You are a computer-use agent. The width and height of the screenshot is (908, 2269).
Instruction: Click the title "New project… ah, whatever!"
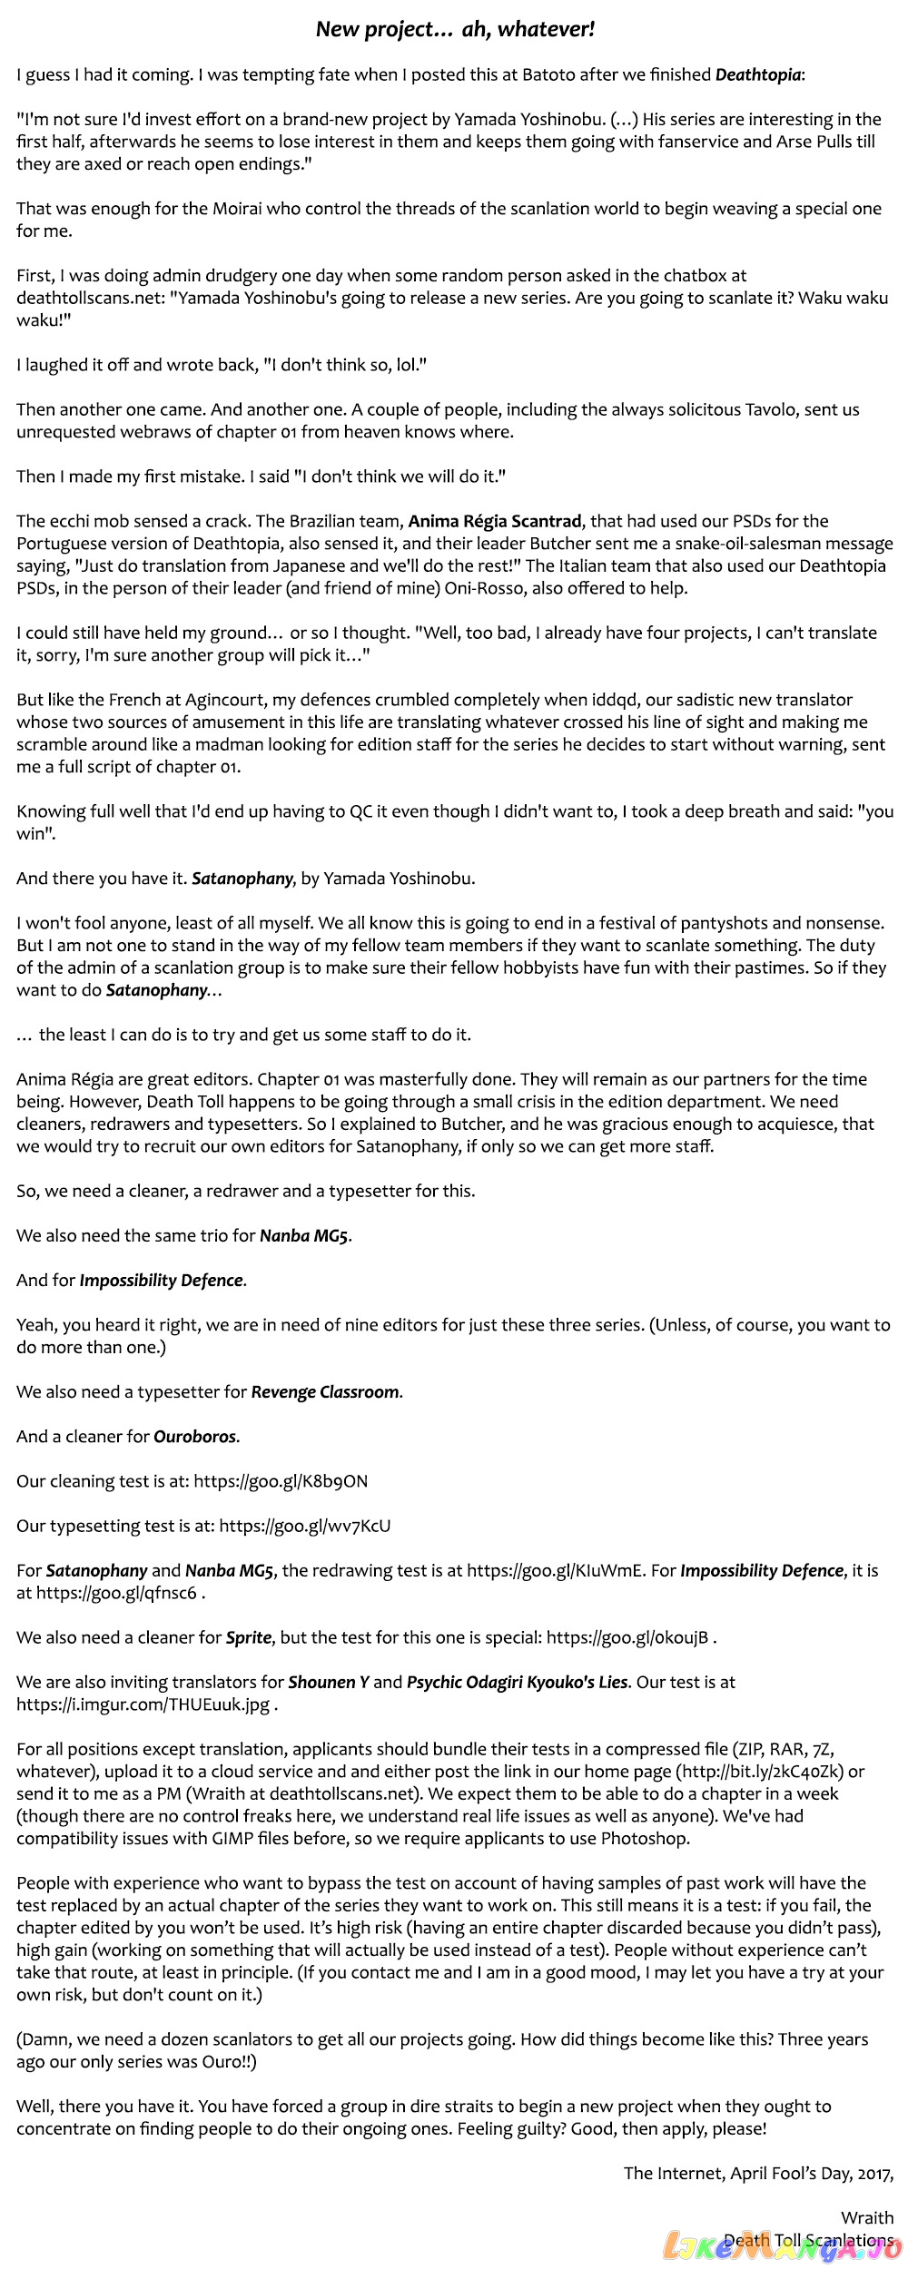[x=455, y=29]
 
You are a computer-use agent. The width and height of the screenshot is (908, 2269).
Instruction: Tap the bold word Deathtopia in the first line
[x=758, y=74]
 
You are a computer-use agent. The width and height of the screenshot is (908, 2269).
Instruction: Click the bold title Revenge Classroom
[x=325, y=1392]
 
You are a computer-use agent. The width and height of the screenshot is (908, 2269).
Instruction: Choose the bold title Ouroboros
[x=195, y=1437]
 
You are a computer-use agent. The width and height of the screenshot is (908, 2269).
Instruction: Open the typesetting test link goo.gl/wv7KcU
[x=305, y=1526]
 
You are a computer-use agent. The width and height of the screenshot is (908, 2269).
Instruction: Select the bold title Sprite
[x=249, y=1637]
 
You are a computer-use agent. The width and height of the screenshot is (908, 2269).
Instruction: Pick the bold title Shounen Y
[x=328, y=1682]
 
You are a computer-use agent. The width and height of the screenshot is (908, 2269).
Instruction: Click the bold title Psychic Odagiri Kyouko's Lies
[x=517, y=1682]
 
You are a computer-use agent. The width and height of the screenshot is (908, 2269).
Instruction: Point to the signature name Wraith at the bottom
[x=867, y=2217]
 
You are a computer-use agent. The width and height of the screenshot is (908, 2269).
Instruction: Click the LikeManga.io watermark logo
[x=783, y=2247]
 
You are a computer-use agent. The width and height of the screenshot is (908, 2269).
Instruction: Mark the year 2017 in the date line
[x=870, y=2173]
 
